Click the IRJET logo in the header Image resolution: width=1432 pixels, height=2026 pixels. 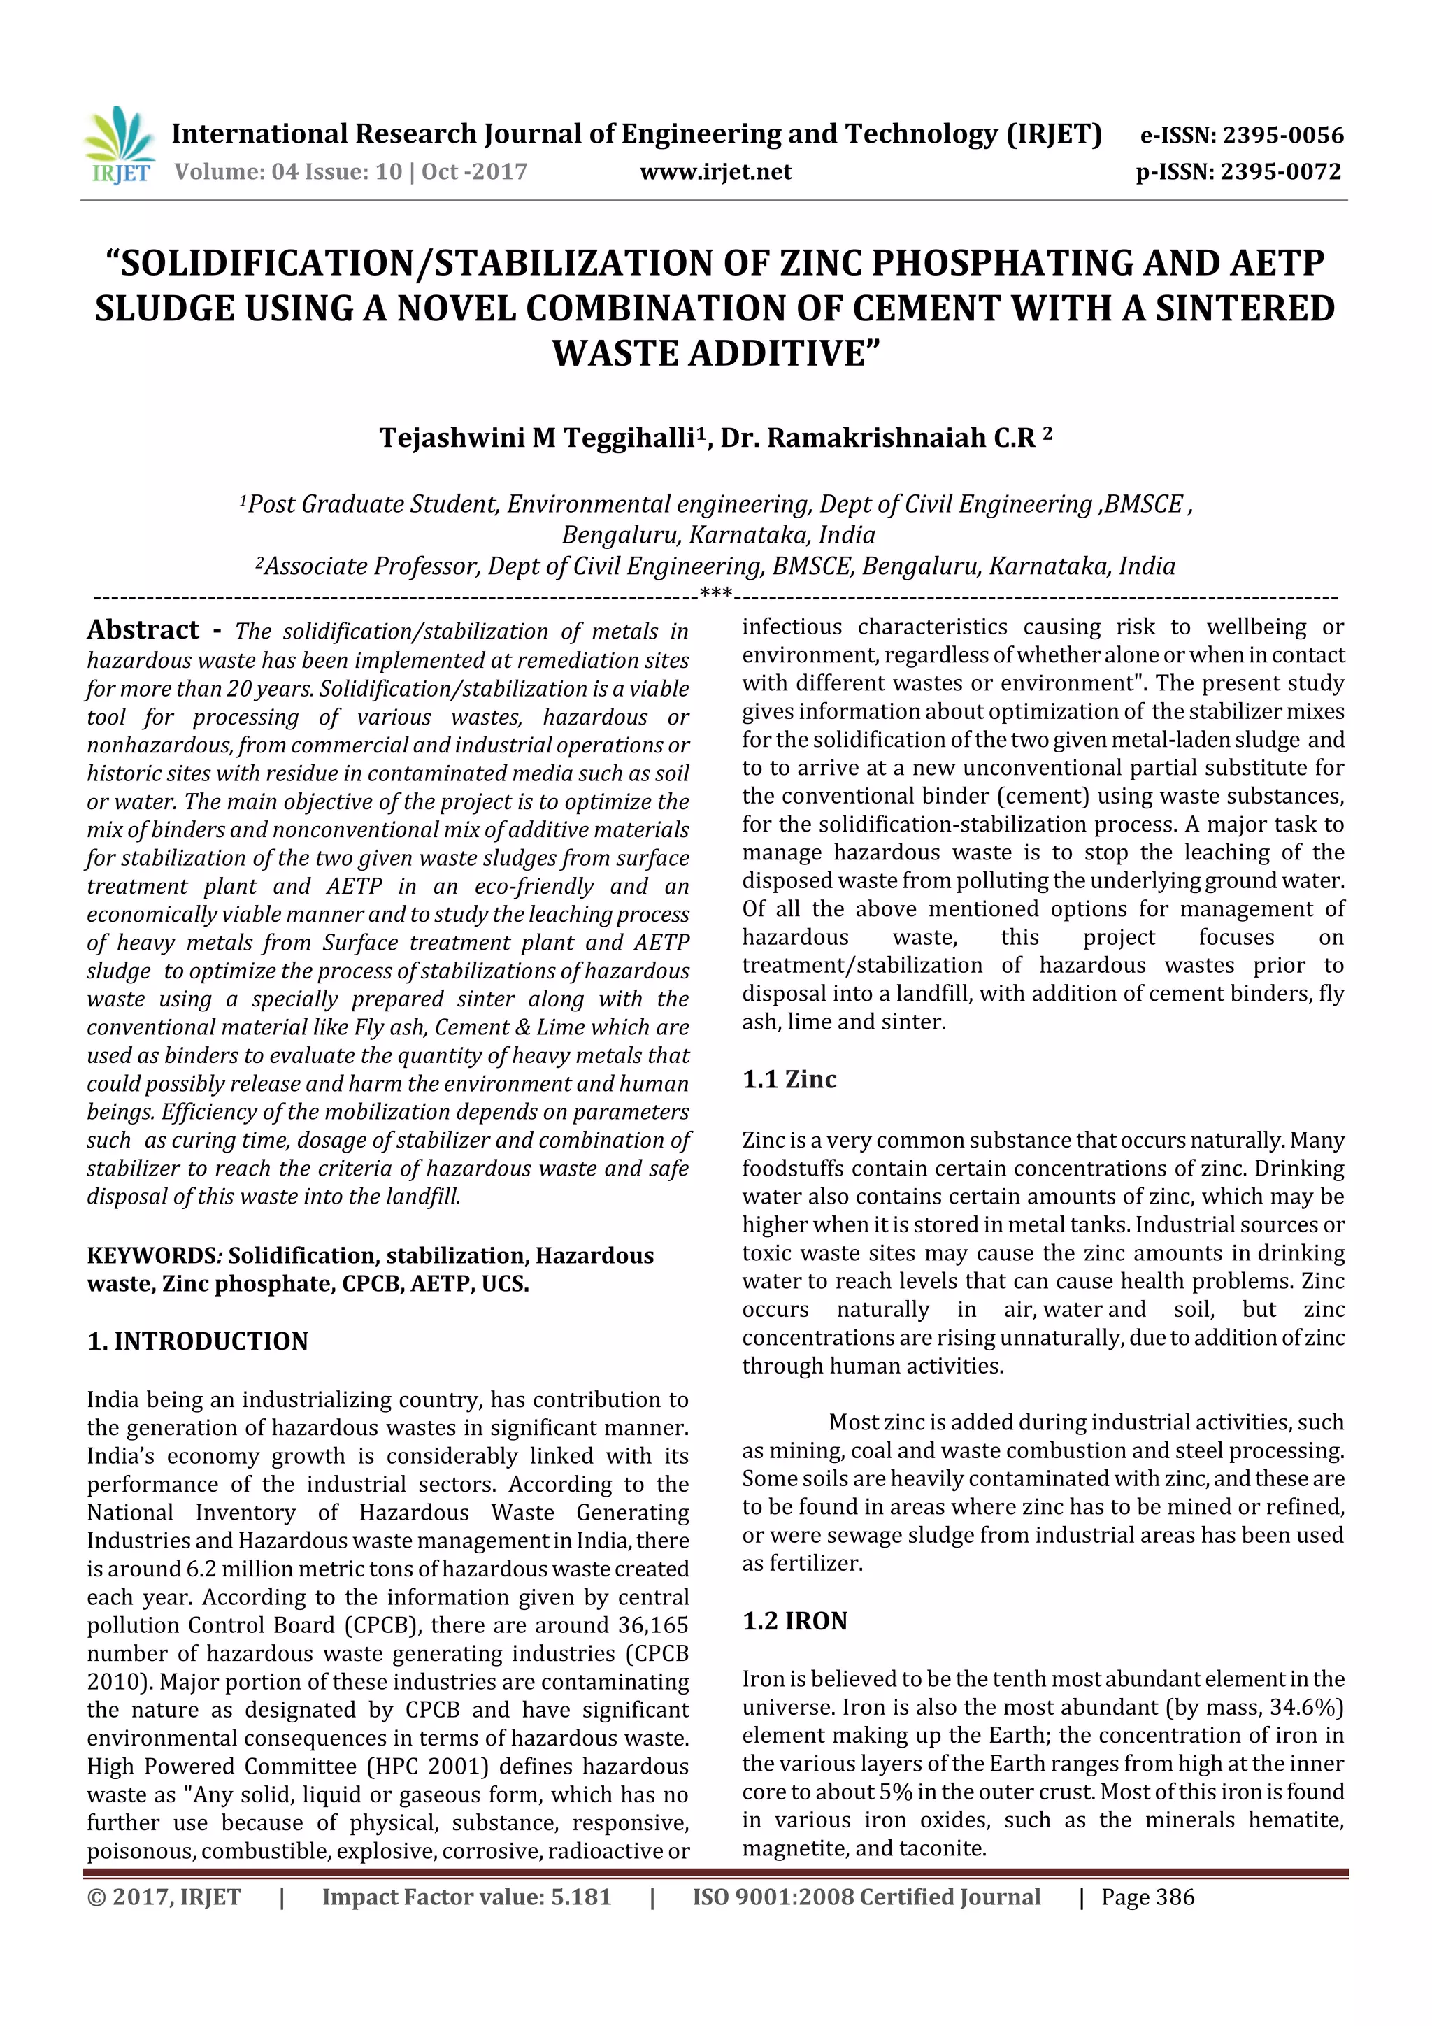point(119,145)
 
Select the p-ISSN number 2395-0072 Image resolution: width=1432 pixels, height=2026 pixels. point(1280,172)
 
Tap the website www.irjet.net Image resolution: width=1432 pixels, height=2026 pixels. point(715,172)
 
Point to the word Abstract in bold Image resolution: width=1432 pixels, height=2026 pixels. point(143,630)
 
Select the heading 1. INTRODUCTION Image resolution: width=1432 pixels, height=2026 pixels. point(198,1341)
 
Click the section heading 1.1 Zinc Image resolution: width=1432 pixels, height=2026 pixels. point(789,1079)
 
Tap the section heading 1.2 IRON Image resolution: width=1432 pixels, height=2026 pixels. point(794,1621)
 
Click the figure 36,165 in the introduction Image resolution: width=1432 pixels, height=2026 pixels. point(650,1625)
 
